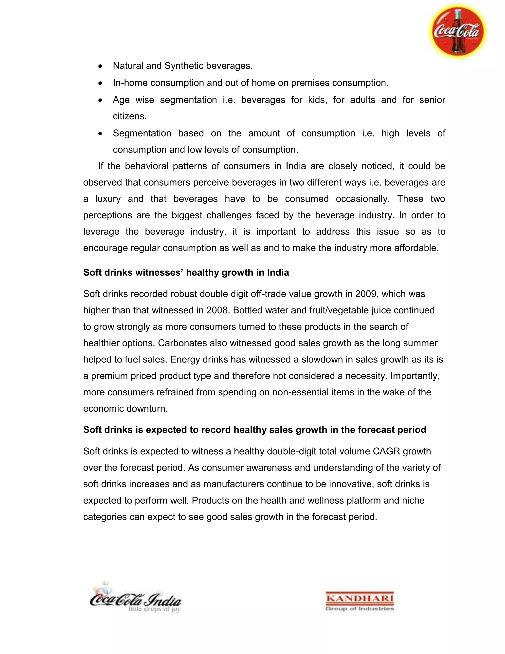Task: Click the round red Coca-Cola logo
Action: (457, 31)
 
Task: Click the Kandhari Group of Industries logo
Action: (360, 601)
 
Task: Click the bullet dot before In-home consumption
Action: (100, 83)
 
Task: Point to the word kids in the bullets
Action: (314, 100)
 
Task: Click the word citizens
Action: (129, 116)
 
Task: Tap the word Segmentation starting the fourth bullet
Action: (142, 133)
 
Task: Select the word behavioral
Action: (147, 166)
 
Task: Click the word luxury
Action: (108, 199)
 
